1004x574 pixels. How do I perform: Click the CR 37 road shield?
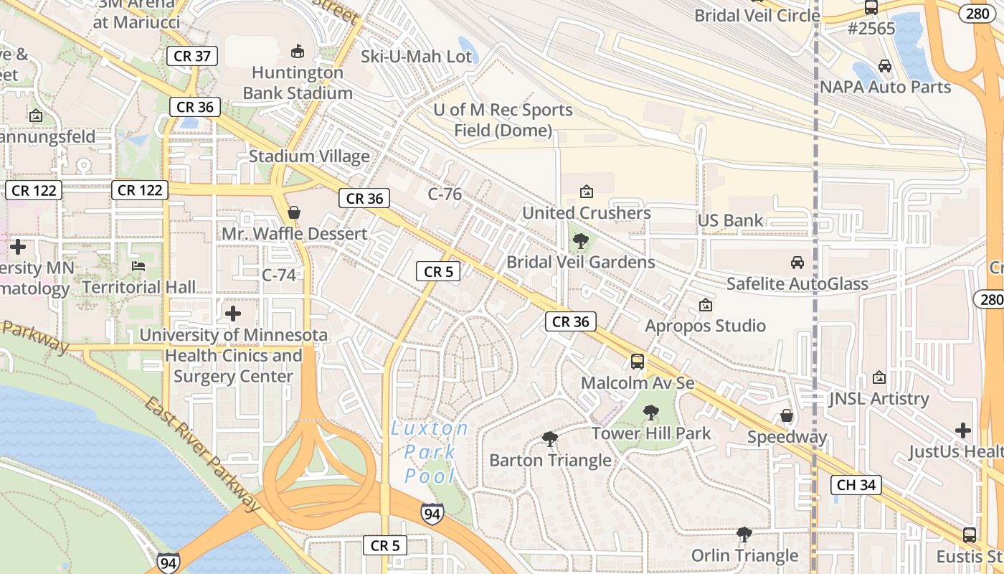pos(192,56)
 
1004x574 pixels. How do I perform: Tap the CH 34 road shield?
pos(856,485)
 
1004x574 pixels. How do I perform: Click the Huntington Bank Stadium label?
pos(298,83)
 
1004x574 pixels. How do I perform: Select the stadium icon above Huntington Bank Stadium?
pos(297,51)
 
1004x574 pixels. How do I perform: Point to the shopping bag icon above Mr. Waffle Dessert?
pos(293,212)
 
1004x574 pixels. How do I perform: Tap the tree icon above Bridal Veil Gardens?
pos(581,241)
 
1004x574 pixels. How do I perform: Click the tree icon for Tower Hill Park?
pos(651,413)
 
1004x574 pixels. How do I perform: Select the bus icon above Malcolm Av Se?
pos(638,362)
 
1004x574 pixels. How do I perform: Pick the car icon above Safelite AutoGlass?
pos(797,263)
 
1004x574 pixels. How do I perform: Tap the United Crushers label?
pos(586,213)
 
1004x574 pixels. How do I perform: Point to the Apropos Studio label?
pos(705,326)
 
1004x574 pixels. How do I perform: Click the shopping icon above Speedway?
pos(787,416)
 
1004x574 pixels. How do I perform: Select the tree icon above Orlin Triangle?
pos(744,535)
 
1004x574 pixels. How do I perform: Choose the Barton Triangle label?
pos(550,461)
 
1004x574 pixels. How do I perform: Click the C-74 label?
pos(279,275)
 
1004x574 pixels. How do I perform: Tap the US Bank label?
pos(730,220)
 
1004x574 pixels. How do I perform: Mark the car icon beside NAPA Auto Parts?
pos(885,66)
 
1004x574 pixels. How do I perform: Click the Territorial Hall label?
pos(138,288)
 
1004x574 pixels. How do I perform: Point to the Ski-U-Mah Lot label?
pos(416,57)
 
